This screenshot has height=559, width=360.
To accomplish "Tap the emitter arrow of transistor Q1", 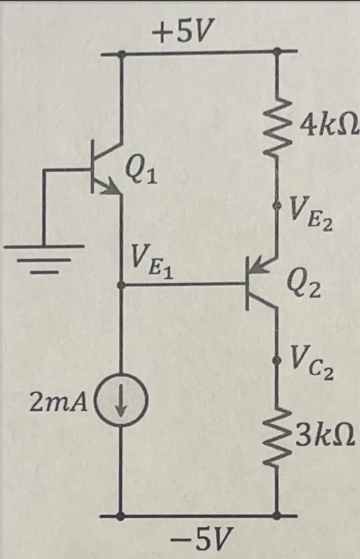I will pos(110,188).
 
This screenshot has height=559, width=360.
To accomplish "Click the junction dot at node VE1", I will pos(123,285).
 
